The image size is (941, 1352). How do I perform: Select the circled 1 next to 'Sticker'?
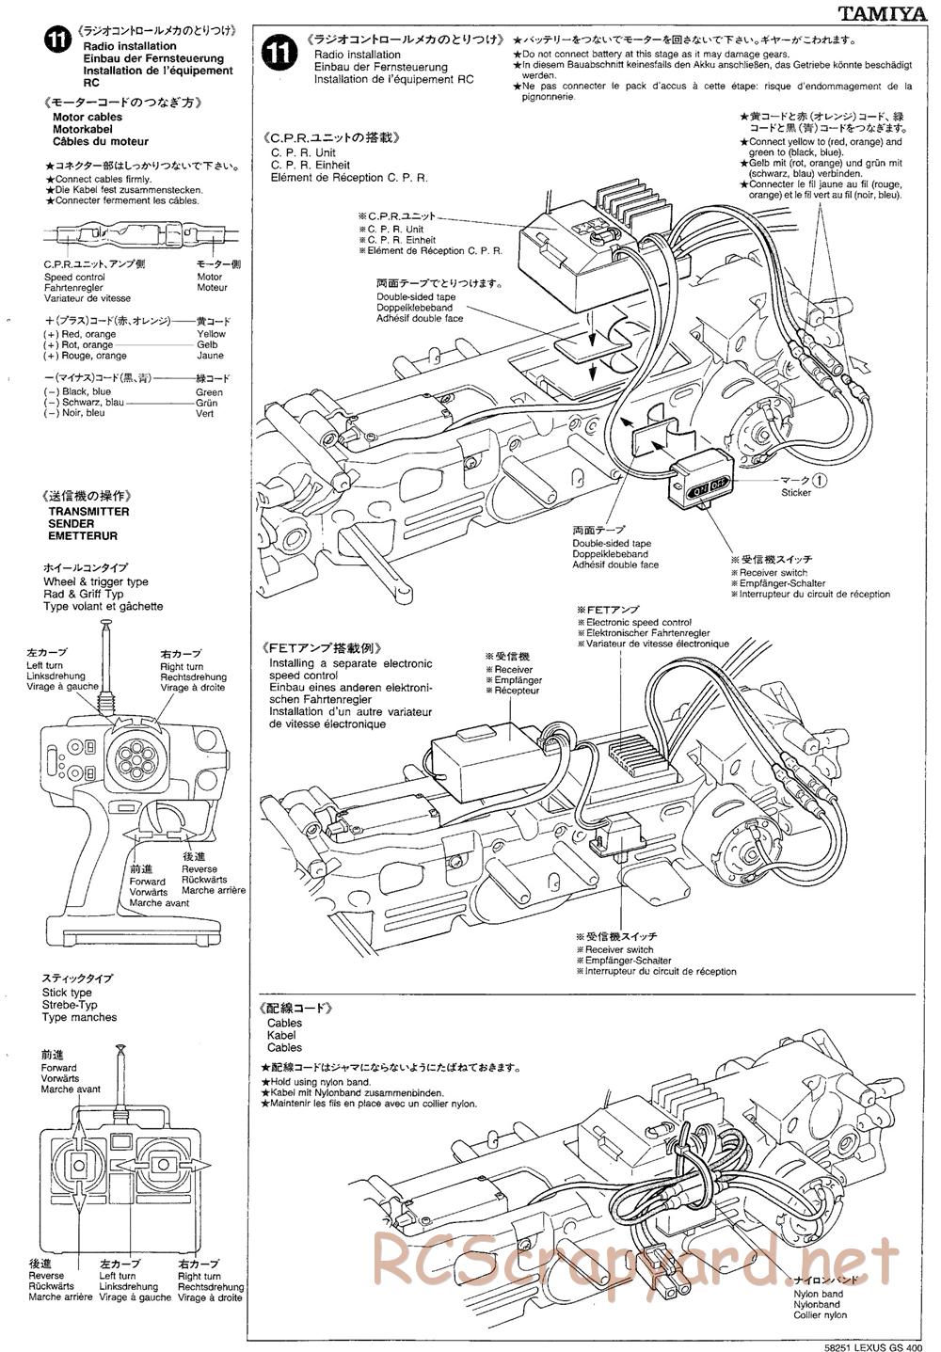click(x=820, y=480)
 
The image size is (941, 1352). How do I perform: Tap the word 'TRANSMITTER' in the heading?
click(x=88, y=512)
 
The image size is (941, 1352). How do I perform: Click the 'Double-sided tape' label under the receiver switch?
click(x=612, y=544)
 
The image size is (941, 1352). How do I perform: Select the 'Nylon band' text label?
click(x=817, y=1294)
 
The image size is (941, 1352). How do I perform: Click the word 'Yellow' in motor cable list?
click(x=211, y=334)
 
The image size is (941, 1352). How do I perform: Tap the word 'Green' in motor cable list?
click(x=209, y=392)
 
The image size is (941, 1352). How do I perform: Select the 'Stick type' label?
click(x=67, y=993)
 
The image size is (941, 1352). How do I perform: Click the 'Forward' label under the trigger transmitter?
click(x=148, y=882)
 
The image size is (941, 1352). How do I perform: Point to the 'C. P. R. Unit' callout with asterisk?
click(x=395, y=230)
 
